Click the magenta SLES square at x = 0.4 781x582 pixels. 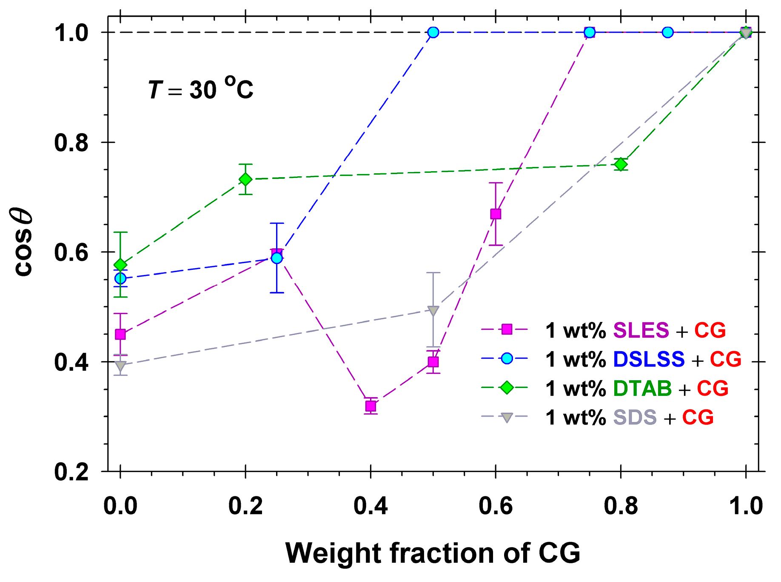(371, 407)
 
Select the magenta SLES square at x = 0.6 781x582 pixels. (496, 214)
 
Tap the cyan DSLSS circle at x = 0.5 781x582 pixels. (433, 32)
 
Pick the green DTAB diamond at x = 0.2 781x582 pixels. (245, 179)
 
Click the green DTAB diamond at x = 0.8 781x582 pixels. (621, 164)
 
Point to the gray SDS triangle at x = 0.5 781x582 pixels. (433, 311)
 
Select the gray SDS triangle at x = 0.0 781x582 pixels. (120, 365)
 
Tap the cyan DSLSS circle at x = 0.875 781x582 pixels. (668, 32)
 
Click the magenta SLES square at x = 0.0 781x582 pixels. (120, 334)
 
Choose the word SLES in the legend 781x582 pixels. (641, 330)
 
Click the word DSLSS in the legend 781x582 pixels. (648, 359)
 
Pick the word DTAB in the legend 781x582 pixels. (642, 388)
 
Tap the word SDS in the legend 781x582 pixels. (635, 417)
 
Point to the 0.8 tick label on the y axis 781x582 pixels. (71, 143)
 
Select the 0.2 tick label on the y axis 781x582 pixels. (71, 472)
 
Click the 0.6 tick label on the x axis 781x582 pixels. (496, 506)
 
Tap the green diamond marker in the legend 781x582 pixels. (506, 388)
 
